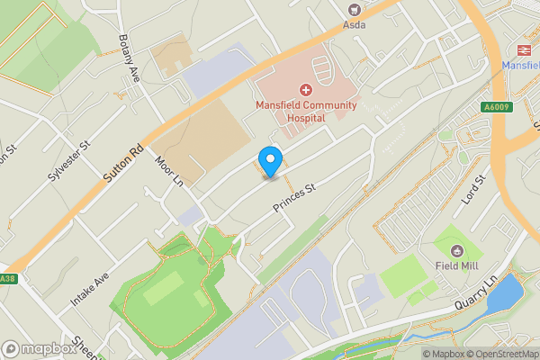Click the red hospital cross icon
(x=305, y=90)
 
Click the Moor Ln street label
(x=168, y=169)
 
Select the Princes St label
(x=295, y=201)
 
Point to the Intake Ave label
(x=90, y=292)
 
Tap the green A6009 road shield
(x=492, y=106)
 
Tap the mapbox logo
(x=40, y=348)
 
